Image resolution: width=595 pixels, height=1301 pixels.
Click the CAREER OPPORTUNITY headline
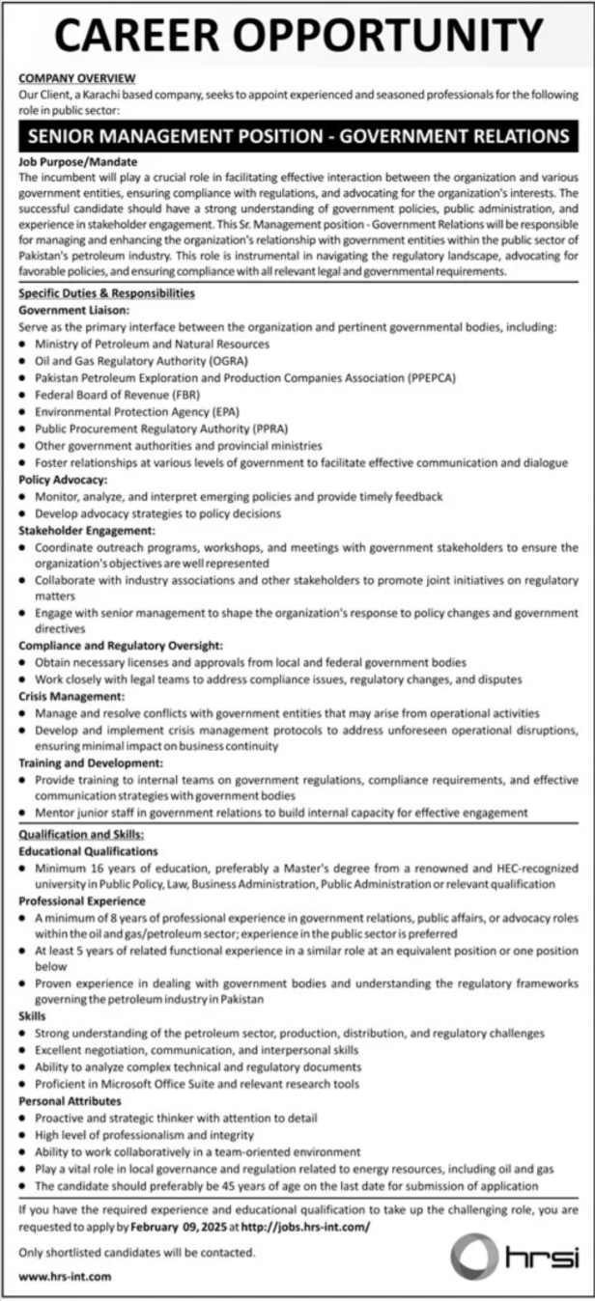click(297, 37)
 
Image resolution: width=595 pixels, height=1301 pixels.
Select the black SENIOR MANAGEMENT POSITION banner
click(297, 136)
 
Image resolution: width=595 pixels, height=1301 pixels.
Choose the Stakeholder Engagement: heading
click(86, 531)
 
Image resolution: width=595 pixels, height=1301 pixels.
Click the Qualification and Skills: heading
click(81, 834)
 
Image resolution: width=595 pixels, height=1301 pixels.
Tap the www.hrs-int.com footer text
click(65, 1277)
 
